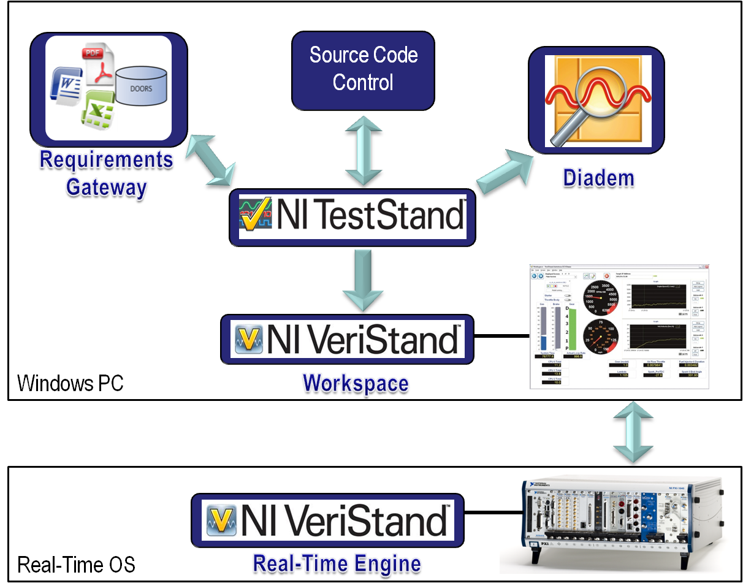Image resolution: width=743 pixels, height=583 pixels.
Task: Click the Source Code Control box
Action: pyautogui.click(x=363, y=69)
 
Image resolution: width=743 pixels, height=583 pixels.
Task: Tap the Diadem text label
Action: pyautogui.click(x=598, y=179)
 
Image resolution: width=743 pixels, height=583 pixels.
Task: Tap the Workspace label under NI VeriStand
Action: pyautogui.click(x=355, y=384)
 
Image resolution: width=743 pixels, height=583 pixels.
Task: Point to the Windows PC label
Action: pyautogui.click(x=70, y=383)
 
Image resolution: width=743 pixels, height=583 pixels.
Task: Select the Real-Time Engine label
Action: pyautogui.click(x=337, y=563)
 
